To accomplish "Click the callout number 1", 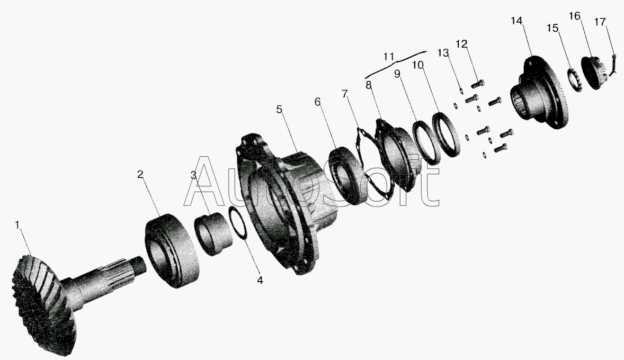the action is tap(17, 225).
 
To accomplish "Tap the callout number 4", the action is tap(260, 280).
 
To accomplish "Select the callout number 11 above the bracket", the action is tap(388, 57).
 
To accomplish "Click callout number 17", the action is tap(600, 22).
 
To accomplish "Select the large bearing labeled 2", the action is tap(173, 250).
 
